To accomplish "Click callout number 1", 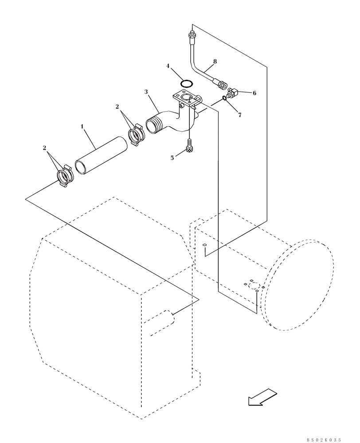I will [82, 127].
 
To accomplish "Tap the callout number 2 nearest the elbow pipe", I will [117, 107].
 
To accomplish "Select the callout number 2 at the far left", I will [44, 148].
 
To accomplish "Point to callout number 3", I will [146, 92].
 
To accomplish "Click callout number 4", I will [168, 66].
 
